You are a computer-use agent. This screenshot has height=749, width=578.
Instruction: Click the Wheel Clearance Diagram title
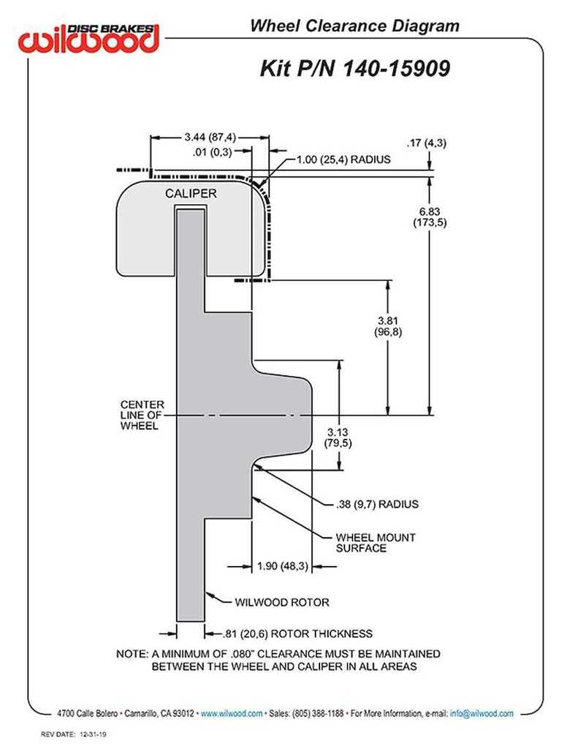pos(354,26)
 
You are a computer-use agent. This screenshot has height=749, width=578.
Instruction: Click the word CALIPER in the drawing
pos(189,193)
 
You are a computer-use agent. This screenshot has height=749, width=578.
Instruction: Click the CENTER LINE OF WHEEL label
pos(142,415)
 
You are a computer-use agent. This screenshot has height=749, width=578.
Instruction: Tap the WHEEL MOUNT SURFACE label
pos(375,542)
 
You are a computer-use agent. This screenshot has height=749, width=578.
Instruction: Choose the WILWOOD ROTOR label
pos(281,603)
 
